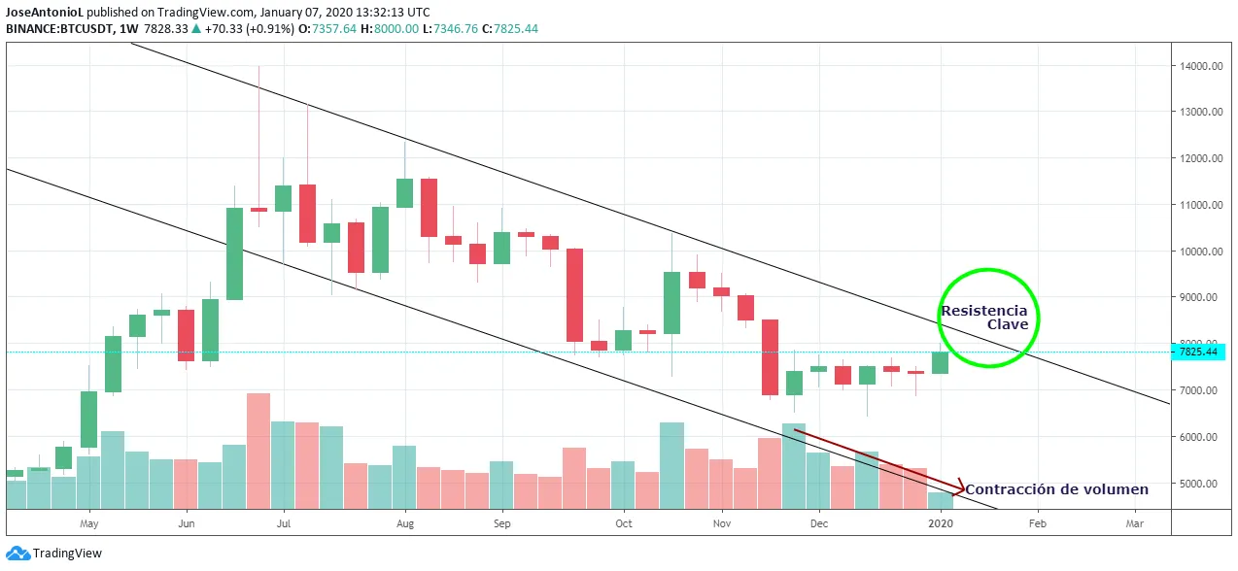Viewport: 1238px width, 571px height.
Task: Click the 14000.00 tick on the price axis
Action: click(1200, 66)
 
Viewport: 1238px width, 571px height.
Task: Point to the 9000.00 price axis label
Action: click(1202, 298)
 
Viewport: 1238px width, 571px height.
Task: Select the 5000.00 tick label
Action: click(1202, 484)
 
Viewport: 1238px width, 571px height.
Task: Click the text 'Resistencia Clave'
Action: click(983, 318)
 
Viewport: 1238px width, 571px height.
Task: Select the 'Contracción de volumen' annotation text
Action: click(1056, 489)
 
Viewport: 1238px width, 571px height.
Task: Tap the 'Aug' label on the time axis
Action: click(405, 523)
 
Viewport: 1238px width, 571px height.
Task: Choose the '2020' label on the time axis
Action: click(941, 523)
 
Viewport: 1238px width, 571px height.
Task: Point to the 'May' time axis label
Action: click(89, 523)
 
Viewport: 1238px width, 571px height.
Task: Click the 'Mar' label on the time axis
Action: click(1134, 523)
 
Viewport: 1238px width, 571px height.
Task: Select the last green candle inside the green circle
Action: click(940, 362)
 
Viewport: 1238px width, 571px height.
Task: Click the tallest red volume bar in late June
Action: click(258, 451)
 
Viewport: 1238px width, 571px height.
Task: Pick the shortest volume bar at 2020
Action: click(940, 500)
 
